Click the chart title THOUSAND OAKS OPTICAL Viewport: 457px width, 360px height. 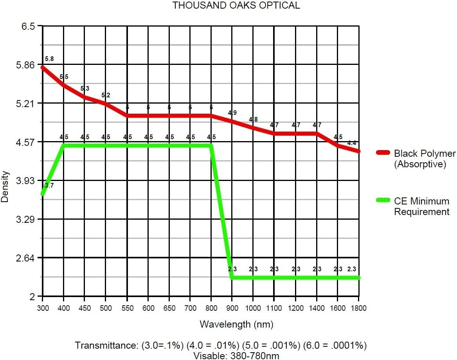click(236, 5)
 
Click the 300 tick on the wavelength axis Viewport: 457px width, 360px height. click(43, 308)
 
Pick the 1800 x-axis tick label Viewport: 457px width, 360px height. click(359, 308)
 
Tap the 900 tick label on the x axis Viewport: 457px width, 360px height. click(232, 308)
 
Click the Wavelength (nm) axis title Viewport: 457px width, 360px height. click(236, 324)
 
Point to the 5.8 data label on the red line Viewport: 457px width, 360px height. click(49, 59)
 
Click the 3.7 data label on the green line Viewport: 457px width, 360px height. click(49, 185)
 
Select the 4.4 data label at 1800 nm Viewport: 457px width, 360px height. click(352, 143)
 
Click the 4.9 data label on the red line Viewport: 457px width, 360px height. click(232, 113)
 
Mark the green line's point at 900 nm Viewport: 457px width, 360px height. click(232, 278)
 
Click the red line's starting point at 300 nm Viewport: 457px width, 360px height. click(43, 67)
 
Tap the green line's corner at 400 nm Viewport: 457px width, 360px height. click(64, 146)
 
